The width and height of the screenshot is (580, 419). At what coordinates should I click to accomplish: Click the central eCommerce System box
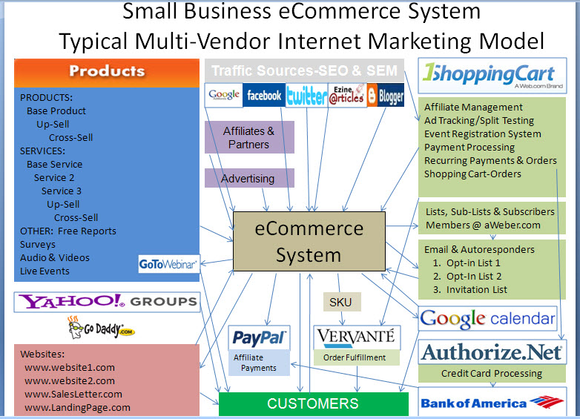click(x=309, y=241)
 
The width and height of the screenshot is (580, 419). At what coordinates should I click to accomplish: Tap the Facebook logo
click(x=264, y=95)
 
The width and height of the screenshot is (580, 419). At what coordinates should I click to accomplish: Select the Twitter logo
click(x=306, y=95)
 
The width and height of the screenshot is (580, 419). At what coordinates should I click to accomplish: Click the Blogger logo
click(x=386, y=95)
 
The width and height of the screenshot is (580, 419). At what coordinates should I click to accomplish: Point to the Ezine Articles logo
click(x=347, y=95)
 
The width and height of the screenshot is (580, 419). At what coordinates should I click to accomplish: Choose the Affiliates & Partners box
click(x=249, y=137)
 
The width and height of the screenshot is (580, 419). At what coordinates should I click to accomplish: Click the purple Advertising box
click(x=249, y=178)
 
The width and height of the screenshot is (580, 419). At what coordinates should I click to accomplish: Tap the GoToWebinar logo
click(x=168, y=264)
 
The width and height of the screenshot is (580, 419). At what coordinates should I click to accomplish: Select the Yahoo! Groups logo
click(x=107, y=302)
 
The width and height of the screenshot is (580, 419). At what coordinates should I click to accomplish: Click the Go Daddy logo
click(x=102, y=328)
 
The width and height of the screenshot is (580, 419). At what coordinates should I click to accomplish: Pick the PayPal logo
click(x=259, y=337)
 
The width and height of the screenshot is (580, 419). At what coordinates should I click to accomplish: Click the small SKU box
click(x=340, y=302)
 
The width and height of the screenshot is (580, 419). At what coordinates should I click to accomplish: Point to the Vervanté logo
click(x=357, y=337)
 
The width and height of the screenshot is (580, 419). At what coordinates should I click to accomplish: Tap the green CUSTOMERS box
click(x=314, y=404)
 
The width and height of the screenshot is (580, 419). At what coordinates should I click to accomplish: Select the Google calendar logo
click(x=487, y=318)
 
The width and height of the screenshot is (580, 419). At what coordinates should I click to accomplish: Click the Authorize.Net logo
click(x=492, y=352)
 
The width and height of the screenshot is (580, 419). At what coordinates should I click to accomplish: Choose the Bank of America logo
click(x=492, y=403)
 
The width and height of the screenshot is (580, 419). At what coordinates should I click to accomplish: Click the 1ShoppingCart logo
click(x=492, y=76)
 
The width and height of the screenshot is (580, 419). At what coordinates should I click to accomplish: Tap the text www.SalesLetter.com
click(x=73, y=395)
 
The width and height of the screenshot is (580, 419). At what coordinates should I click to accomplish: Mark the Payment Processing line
click(x=469, y=148)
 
